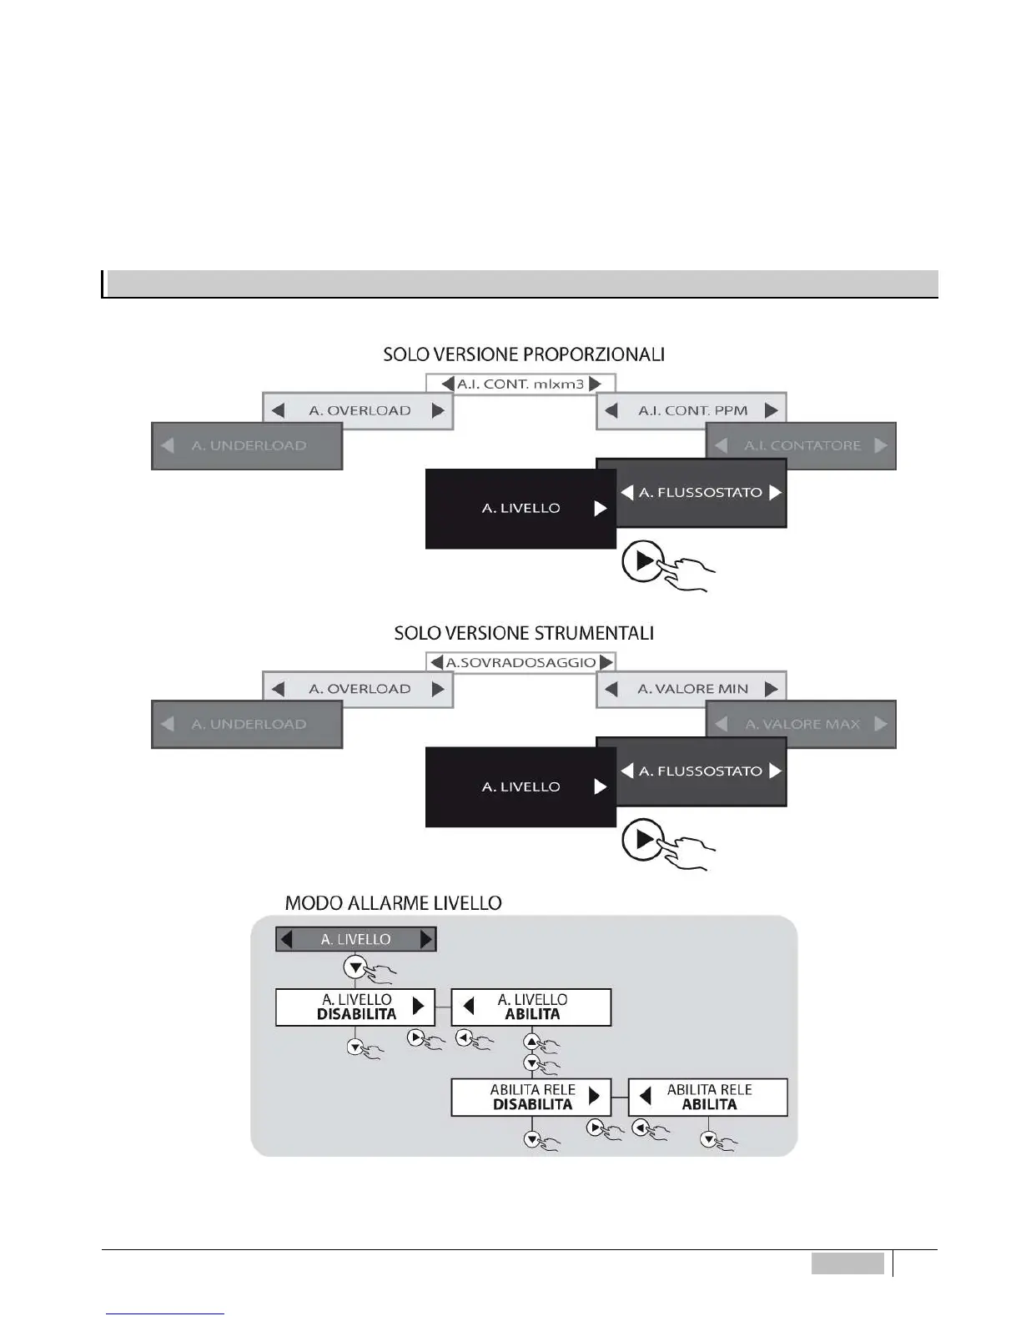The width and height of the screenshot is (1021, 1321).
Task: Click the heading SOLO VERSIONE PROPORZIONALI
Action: click(524, 354)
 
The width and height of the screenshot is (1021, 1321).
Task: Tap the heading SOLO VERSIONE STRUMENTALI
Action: click(524, 633)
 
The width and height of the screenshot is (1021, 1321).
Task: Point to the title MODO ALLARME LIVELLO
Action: click(393, 903)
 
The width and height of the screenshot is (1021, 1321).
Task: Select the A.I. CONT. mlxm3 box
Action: click(521, 384)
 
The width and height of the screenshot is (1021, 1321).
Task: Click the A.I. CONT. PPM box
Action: click(692, 410)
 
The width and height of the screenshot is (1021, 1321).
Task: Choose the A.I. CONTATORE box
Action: click(801, 445)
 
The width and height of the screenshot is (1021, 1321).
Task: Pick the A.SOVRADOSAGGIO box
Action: click(521, 662)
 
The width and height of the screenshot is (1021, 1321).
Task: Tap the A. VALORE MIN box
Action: click(692, 689)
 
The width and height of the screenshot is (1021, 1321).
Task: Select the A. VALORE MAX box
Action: click(801, 724)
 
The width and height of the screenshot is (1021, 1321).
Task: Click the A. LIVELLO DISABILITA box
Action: click(355, 1007)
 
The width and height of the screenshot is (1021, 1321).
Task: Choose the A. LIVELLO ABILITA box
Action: click(531, 1007)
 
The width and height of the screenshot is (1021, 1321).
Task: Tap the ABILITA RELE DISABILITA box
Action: click(531, 1097)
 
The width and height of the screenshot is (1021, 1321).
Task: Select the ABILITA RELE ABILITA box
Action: click(708, 1097)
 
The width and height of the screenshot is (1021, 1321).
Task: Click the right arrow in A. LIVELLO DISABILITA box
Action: click(419, 1007)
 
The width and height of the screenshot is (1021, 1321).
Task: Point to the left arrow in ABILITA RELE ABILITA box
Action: click(645, 1097)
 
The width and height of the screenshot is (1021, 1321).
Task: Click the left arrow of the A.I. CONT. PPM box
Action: click(611, 410)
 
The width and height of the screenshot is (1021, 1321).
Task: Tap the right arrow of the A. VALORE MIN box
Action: click(772, 689)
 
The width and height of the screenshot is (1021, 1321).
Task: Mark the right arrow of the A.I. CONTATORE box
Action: click(881, 445)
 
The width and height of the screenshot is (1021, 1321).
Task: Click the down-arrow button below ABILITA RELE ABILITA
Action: click(708, 1139)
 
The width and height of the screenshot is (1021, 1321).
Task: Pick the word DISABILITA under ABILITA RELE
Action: click(532, 1105)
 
